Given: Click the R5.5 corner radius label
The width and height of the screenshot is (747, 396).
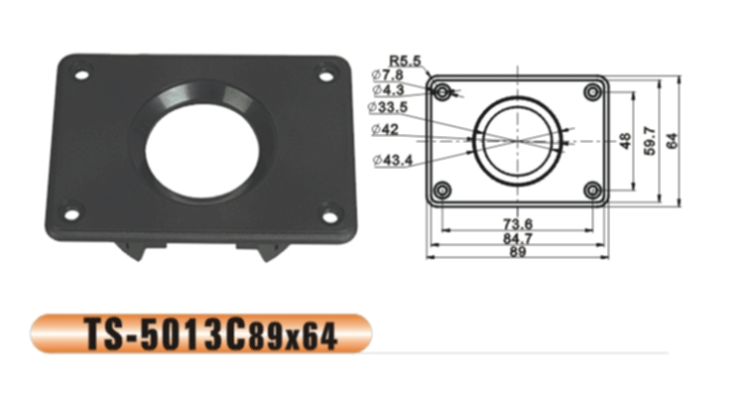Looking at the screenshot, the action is click(406, 61).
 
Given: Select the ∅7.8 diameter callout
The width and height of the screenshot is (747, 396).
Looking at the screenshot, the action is click(387, 74).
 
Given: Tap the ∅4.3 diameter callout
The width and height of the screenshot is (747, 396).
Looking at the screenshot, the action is click(388, 89).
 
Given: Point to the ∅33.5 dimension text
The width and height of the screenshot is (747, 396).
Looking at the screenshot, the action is click(388, 107).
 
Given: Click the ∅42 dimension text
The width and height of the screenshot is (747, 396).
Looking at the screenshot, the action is click(385, 129).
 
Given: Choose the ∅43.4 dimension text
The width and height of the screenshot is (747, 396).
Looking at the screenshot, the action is click(393, 160).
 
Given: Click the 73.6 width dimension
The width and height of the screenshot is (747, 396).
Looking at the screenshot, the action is click(518, 223).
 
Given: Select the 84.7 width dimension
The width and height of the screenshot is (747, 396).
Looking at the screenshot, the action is click(518, 238).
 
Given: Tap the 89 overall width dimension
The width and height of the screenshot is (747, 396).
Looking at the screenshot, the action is click(518, 251).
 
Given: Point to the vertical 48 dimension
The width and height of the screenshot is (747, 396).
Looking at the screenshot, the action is click(625, 141).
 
